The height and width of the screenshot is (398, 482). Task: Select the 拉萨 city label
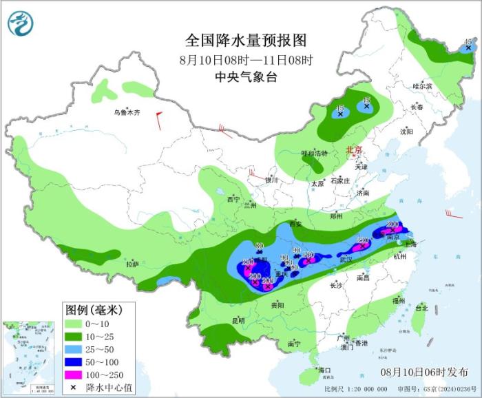pyautogui.click(x=133, y=264)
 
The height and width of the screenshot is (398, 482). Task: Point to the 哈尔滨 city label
pyautogui.click(x=422, y=86)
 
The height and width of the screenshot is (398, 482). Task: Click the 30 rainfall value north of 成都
pyautogui.click(x=260, y=246)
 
